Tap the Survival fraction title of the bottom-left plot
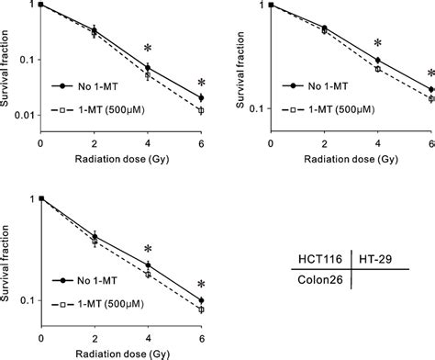tap(7, 253)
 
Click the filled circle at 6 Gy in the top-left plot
tap(202, 97)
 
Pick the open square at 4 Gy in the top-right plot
tap(377, 69)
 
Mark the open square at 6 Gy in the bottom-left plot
tap(202, 309)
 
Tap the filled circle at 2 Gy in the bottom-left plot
tap(95, 236)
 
